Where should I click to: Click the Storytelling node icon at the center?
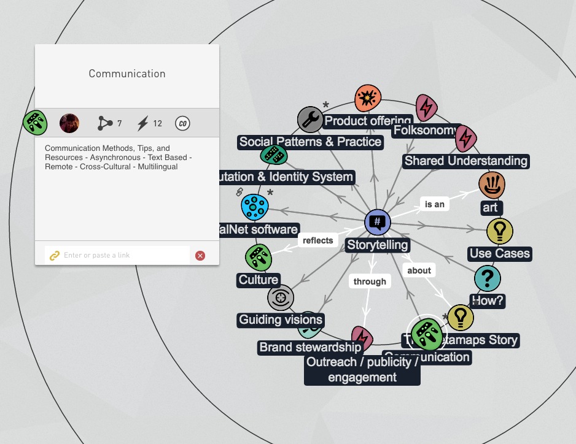point(378,222)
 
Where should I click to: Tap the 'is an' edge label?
point(434,204)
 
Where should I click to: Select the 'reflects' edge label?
point(318,240)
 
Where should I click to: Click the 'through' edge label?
point(370,281)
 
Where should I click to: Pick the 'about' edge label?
point(419,270)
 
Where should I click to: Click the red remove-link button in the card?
point(200,256)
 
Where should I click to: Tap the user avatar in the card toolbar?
point(69,123)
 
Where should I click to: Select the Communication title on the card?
point(127,74)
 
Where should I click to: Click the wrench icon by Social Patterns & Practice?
point(310,120)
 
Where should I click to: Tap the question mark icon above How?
point(488,279)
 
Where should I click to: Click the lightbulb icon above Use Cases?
point(500,231)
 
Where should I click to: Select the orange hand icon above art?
point(492,183)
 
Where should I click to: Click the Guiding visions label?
point(281,320)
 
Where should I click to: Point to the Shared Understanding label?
point(465,161)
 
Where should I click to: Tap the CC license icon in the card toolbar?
point(182,123)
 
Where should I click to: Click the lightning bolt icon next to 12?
point(142,123)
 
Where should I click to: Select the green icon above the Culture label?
point(259,258)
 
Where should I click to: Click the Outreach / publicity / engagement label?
point(362,369)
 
